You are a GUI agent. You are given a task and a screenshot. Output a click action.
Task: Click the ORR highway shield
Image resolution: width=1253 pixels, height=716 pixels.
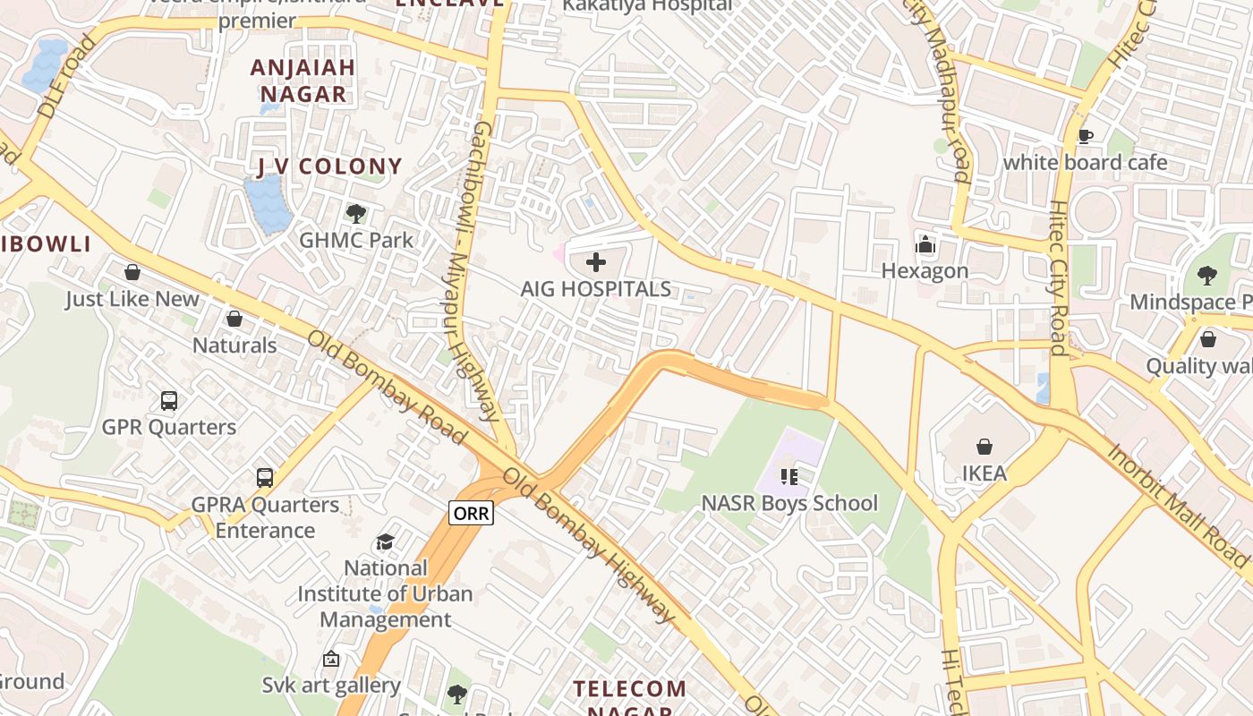(x=471, y=514)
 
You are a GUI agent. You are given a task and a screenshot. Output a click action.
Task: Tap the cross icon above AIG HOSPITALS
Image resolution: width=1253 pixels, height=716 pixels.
(x=595, y=262)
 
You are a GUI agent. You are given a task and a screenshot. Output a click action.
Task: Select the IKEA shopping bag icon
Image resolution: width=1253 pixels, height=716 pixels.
(x=984, y=446)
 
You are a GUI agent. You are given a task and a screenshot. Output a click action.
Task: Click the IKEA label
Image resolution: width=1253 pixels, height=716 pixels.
(x=984, y=473)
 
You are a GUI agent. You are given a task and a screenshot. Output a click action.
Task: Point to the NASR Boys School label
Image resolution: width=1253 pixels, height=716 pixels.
(x=788, y=503)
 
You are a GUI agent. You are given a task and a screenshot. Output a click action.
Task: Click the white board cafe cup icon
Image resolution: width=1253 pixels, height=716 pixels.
(x=1085, y=136)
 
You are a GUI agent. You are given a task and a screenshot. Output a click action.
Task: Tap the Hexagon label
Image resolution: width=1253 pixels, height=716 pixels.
(x=925, y=270)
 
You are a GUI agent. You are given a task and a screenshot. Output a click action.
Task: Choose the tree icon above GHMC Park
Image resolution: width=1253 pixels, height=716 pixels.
(x=356, y=213)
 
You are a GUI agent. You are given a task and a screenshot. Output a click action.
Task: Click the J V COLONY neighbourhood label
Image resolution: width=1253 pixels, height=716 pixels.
(x=329, y=166)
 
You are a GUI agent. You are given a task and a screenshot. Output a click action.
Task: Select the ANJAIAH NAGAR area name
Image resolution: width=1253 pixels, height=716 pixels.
(x=303, y=81)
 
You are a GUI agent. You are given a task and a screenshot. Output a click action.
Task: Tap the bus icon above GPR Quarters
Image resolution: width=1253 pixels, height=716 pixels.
(x=169, y=400)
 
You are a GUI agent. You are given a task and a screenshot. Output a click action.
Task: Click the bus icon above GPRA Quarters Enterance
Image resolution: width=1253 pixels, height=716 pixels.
(x=265, y=477)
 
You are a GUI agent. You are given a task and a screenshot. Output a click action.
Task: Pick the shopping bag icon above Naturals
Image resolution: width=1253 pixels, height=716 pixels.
(x=234, y=319)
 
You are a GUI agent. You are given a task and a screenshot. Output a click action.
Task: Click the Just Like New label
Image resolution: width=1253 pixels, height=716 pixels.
(x=132, y=298)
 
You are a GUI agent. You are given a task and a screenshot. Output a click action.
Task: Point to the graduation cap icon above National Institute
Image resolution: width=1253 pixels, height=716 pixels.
(x=385, y=541)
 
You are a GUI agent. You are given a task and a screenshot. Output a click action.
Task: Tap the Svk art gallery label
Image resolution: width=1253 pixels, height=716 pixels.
(x=331, y=686)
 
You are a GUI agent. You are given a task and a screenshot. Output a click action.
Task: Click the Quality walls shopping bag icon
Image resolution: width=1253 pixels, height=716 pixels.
(x=1207, y=339)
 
